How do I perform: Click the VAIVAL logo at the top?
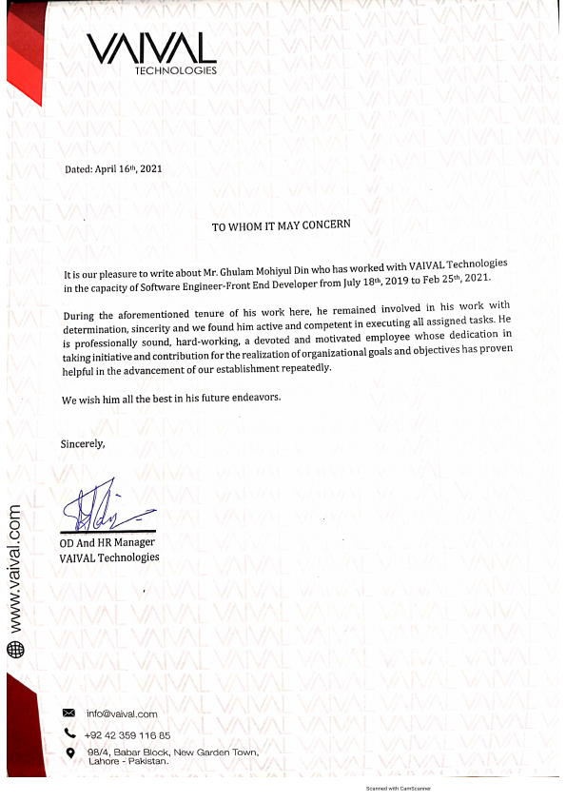[x=151, y=48]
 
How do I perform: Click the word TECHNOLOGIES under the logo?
[x=176, y=70]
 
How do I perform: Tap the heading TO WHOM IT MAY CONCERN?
[x=281, y=225]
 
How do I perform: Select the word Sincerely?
[x=83, y=443]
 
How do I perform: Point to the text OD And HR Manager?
[x=107, y=542]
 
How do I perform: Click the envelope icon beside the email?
[x=68, y=713]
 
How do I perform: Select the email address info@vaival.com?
[x=122, y=713]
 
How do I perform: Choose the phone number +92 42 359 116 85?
[x=127, y=734]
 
